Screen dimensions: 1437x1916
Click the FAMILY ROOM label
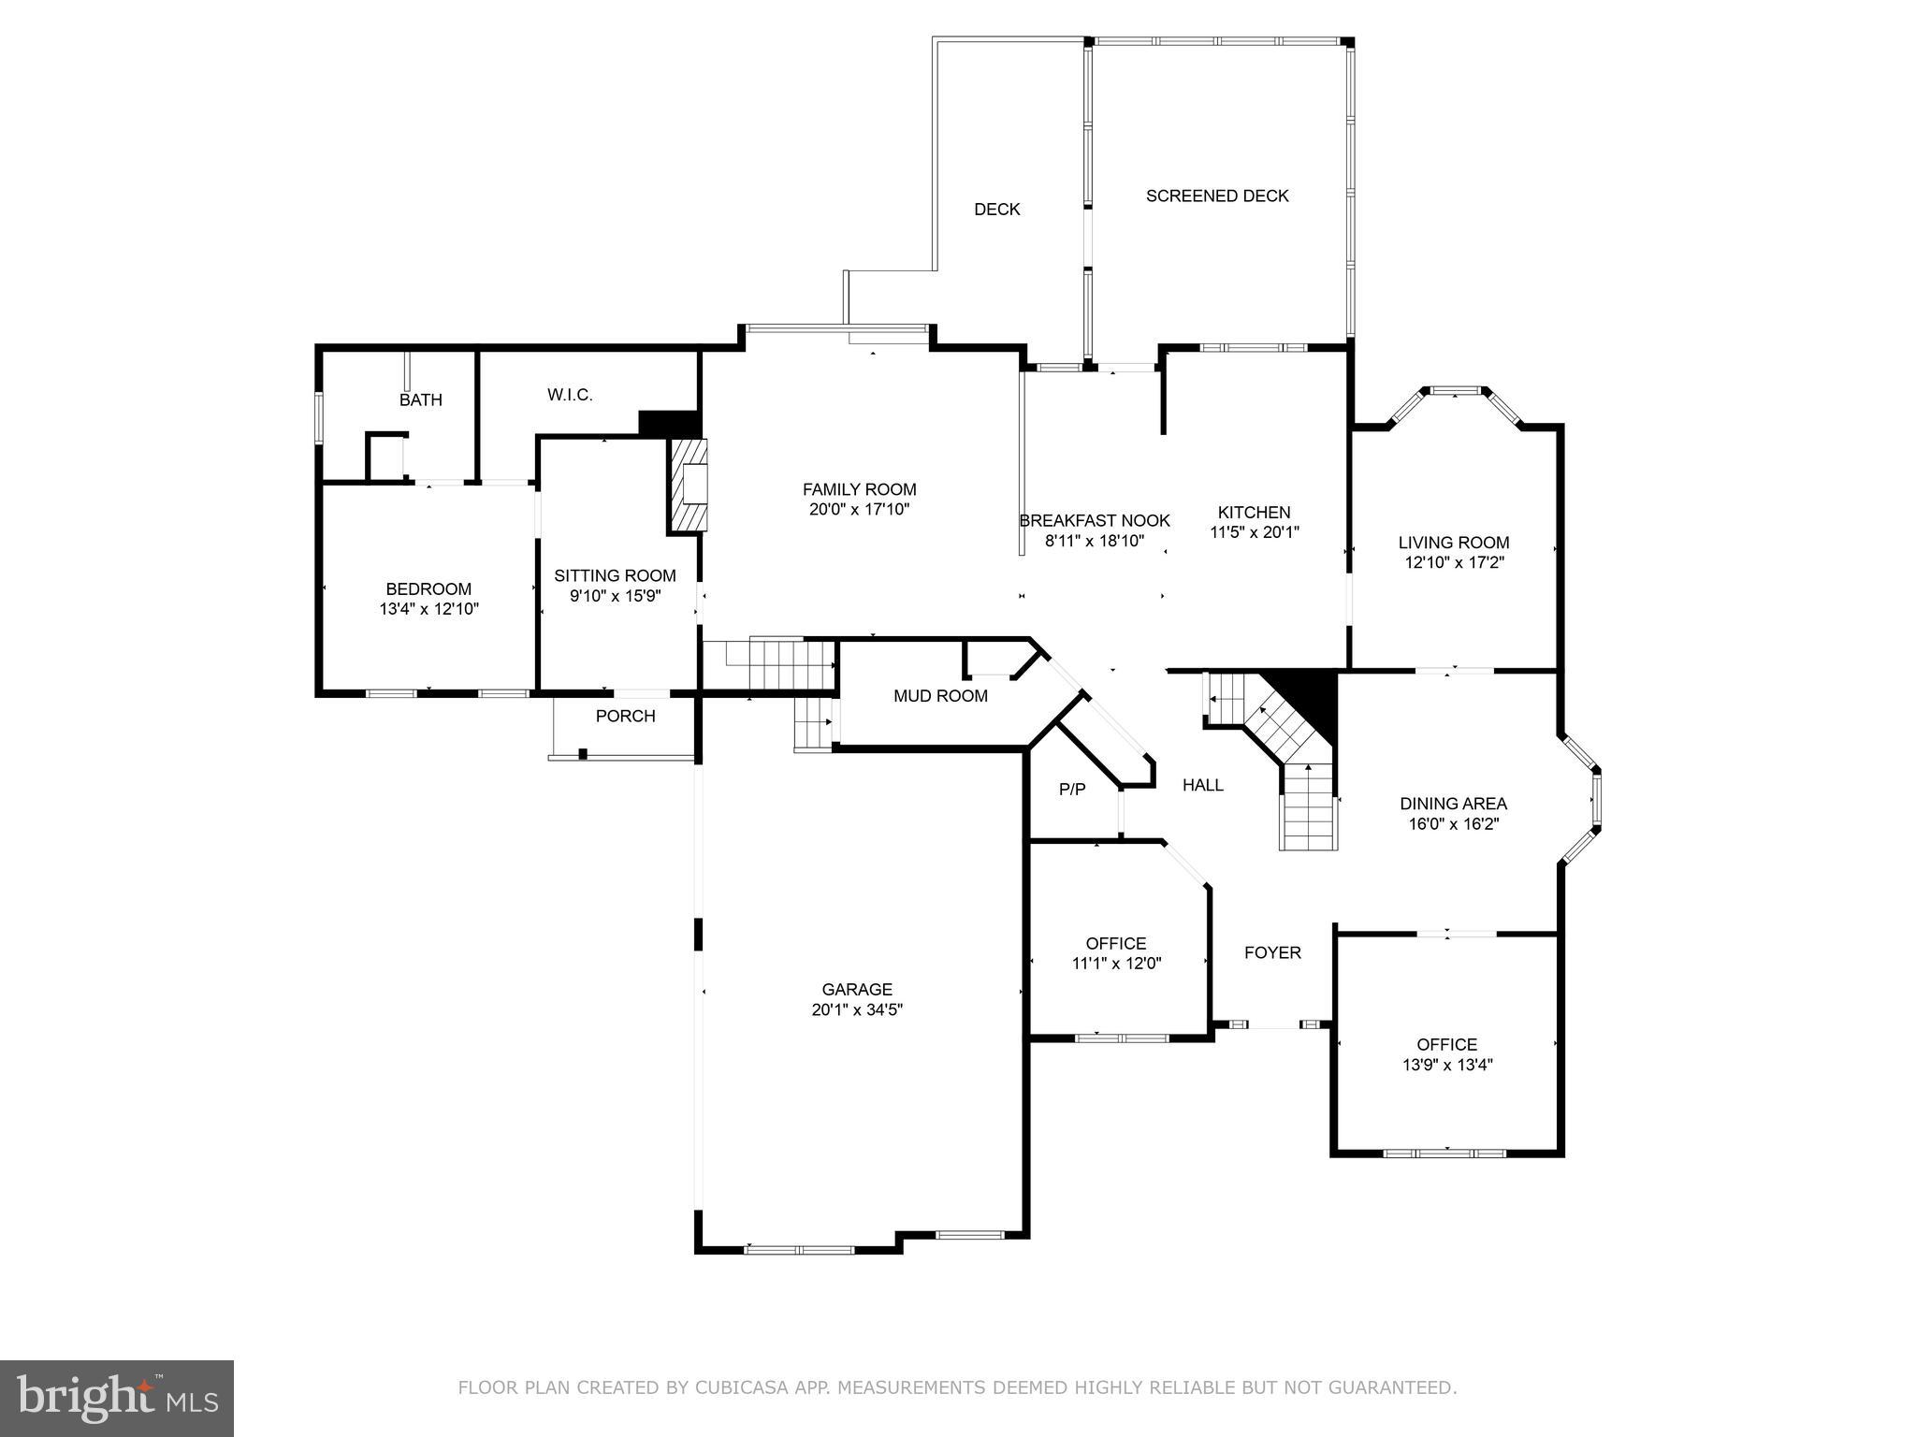coord(859,489)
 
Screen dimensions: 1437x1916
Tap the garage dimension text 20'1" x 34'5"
coord(857,1009)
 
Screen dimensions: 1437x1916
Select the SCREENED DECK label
coord(1217,196)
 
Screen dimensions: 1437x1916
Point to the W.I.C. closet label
coord(570,395)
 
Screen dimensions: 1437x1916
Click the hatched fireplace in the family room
coord(689,486)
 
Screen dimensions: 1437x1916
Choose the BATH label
coord(421,399)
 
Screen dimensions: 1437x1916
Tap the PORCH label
coord(625,716)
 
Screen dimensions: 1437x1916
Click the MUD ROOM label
coord(940,695)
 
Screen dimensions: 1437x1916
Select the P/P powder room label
coord(1072,790)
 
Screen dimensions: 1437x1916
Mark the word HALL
coord(1203,785)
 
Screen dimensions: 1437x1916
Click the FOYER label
coord(1272,952)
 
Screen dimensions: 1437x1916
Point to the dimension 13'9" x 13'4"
coord(1447,1065)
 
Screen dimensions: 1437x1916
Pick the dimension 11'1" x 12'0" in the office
coord(1116,964)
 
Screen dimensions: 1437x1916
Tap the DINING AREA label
coord(1453,803)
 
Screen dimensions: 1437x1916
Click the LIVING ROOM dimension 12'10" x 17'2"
coord(1454,562)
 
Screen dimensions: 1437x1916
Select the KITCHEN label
coord(1254,512)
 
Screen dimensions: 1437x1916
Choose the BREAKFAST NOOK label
coord(1094,520)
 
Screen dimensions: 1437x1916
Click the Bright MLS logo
coord(117,1399)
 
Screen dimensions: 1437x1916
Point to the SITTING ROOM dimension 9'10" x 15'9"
coord(615,595)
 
